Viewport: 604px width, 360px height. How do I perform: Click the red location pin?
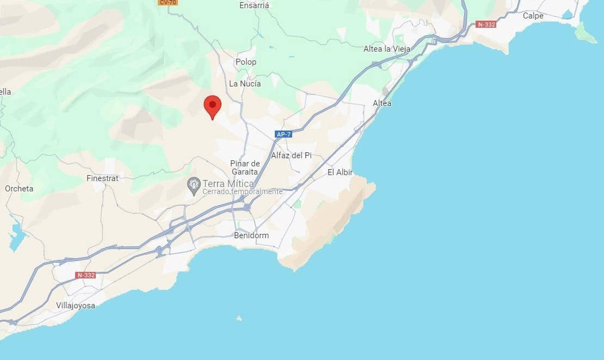click(x=212, y=105)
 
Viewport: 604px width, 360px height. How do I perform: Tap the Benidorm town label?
click(x=251, y=235)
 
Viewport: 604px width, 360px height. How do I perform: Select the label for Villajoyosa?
click(x=76, y=306)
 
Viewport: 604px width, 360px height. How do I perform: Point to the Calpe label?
click(x=533, y=16)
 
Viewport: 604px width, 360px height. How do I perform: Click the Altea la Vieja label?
click(x=387, y=49)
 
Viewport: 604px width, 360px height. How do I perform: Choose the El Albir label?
click(x=340, y=172)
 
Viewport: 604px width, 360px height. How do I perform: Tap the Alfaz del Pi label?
click(x=291, y=156)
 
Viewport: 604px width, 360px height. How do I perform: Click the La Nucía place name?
click(x=245, y=84)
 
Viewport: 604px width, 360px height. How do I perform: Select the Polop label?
click(x=246, y=62)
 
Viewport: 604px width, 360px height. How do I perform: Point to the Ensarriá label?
click(x=254, y=5)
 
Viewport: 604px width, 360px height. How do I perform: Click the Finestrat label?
click(x=102, y=178)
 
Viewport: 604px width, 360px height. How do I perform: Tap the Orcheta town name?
click(x=19, y=189)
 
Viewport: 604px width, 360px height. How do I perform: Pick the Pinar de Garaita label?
click(x=244, y=167)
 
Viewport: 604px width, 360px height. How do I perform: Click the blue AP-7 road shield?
click(x=283, y=134)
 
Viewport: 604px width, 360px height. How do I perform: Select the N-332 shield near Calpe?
click(x=486, y=24)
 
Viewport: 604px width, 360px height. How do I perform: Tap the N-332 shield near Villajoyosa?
click(x=86, y=275)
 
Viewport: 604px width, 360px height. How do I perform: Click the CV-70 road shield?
click(x=167, y=2)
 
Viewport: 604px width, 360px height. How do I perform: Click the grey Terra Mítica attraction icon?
click(x=194, y=185)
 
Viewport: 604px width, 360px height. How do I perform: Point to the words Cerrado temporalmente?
click(x=243, y=192)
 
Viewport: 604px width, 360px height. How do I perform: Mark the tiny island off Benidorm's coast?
click(x=238, y=318)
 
